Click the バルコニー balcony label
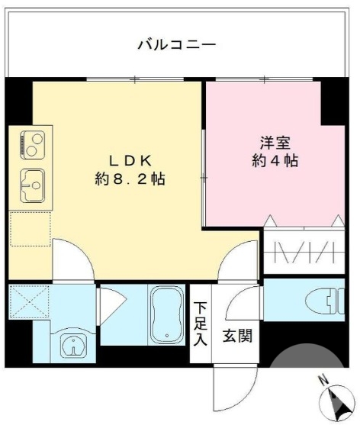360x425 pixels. (x=177, y=45)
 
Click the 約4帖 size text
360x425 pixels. (x=275, y=161)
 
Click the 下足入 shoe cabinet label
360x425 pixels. (x=199, y=324)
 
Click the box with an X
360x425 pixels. (x=29, y=302)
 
